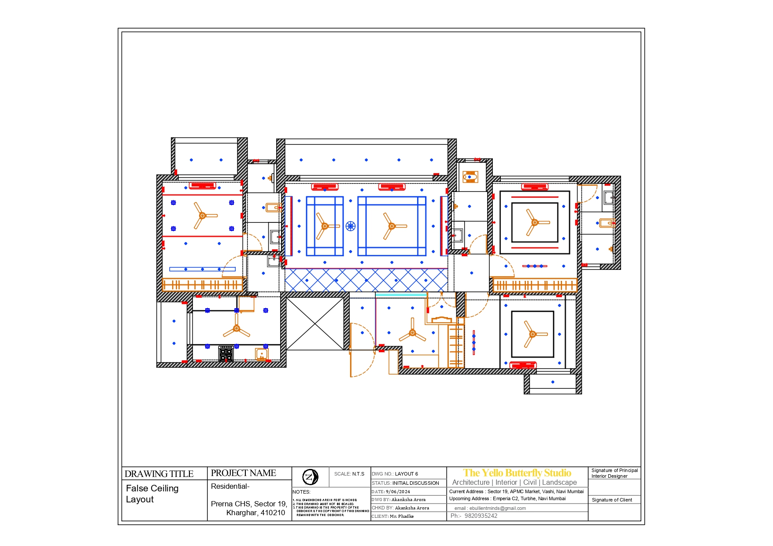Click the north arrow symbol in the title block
[310, 477]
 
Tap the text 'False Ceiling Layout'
[152, 494]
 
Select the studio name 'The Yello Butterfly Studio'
[517, 473]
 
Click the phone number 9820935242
[481, 516]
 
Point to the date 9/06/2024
[398, 491]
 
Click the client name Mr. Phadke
[401, 516]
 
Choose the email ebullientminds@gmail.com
[497, 508]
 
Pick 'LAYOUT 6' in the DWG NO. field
[406, 474]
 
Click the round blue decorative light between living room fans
[350, 226]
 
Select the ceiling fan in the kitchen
[237, 328]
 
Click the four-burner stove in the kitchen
[226, 354]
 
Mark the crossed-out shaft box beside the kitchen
[315, 324]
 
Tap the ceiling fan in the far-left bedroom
[203, 216]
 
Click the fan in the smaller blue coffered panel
[325, 226]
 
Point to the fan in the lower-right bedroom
[532, 334]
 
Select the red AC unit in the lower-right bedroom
[523, 365]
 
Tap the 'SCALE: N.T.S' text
[349, 474]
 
